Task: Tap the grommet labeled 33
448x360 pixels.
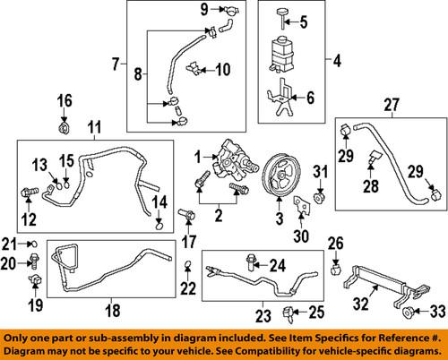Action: point(409,313)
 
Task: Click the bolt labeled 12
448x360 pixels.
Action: point(30,190)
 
